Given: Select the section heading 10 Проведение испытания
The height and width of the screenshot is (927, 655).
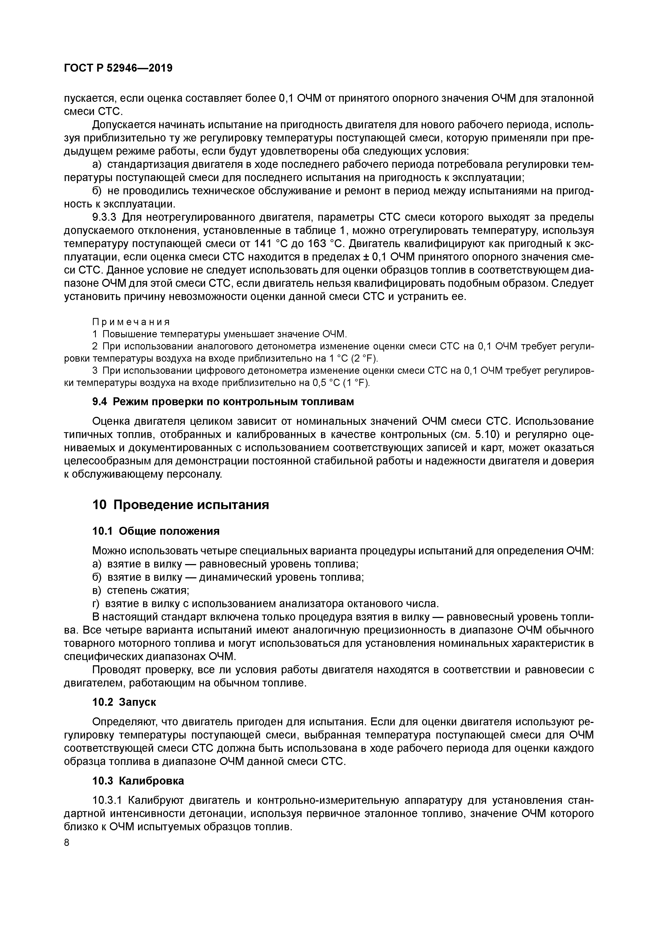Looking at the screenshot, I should (x=180, y=505).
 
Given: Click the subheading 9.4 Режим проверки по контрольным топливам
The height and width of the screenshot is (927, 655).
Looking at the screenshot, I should (x=223, y=402).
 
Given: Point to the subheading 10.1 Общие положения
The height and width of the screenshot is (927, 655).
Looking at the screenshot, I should (x=156, y=531).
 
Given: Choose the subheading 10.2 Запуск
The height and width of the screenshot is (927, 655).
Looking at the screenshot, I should (x=124, y=702).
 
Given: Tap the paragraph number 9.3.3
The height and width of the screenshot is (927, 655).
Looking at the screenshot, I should (x=105, y=218).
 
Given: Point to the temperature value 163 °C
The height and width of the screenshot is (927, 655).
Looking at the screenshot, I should (x=325, y=244).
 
